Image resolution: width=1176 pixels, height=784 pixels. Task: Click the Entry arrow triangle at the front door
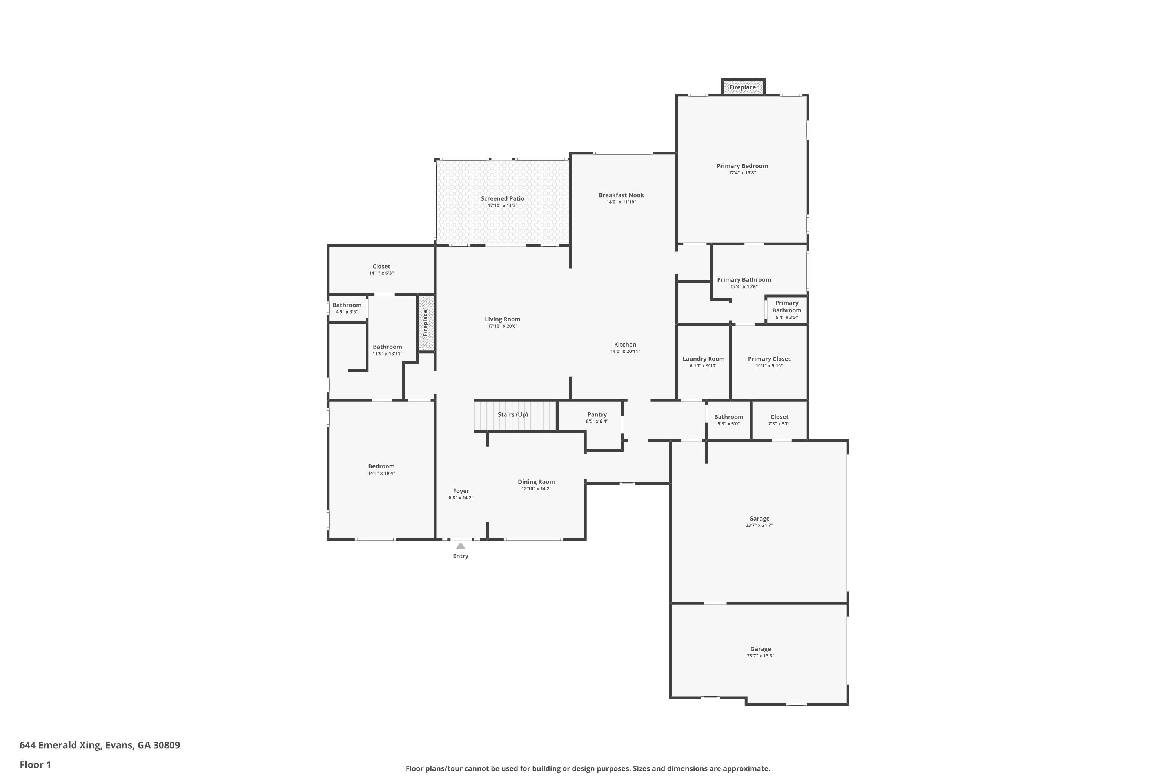point(461,546)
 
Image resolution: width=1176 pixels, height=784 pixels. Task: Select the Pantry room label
point(597,414)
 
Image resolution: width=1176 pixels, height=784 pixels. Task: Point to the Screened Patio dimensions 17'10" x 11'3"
point(503,205)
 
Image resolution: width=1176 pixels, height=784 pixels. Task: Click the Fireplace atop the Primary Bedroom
point(742,87)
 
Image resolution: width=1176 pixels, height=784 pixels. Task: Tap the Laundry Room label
point(703,359)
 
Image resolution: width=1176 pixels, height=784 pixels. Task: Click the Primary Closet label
point(768,359)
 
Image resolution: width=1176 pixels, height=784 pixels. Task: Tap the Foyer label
point(461,491)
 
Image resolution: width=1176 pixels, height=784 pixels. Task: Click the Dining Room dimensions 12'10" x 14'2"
point(536,489)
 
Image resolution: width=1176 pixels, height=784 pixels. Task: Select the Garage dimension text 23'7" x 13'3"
point(760,656)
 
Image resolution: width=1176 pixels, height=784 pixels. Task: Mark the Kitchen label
point(625,345)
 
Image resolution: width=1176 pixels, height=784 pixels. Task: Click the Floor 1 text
point(35,764)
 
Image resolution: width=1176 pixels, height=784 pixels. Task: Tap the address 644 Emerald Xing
point(100,745)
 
